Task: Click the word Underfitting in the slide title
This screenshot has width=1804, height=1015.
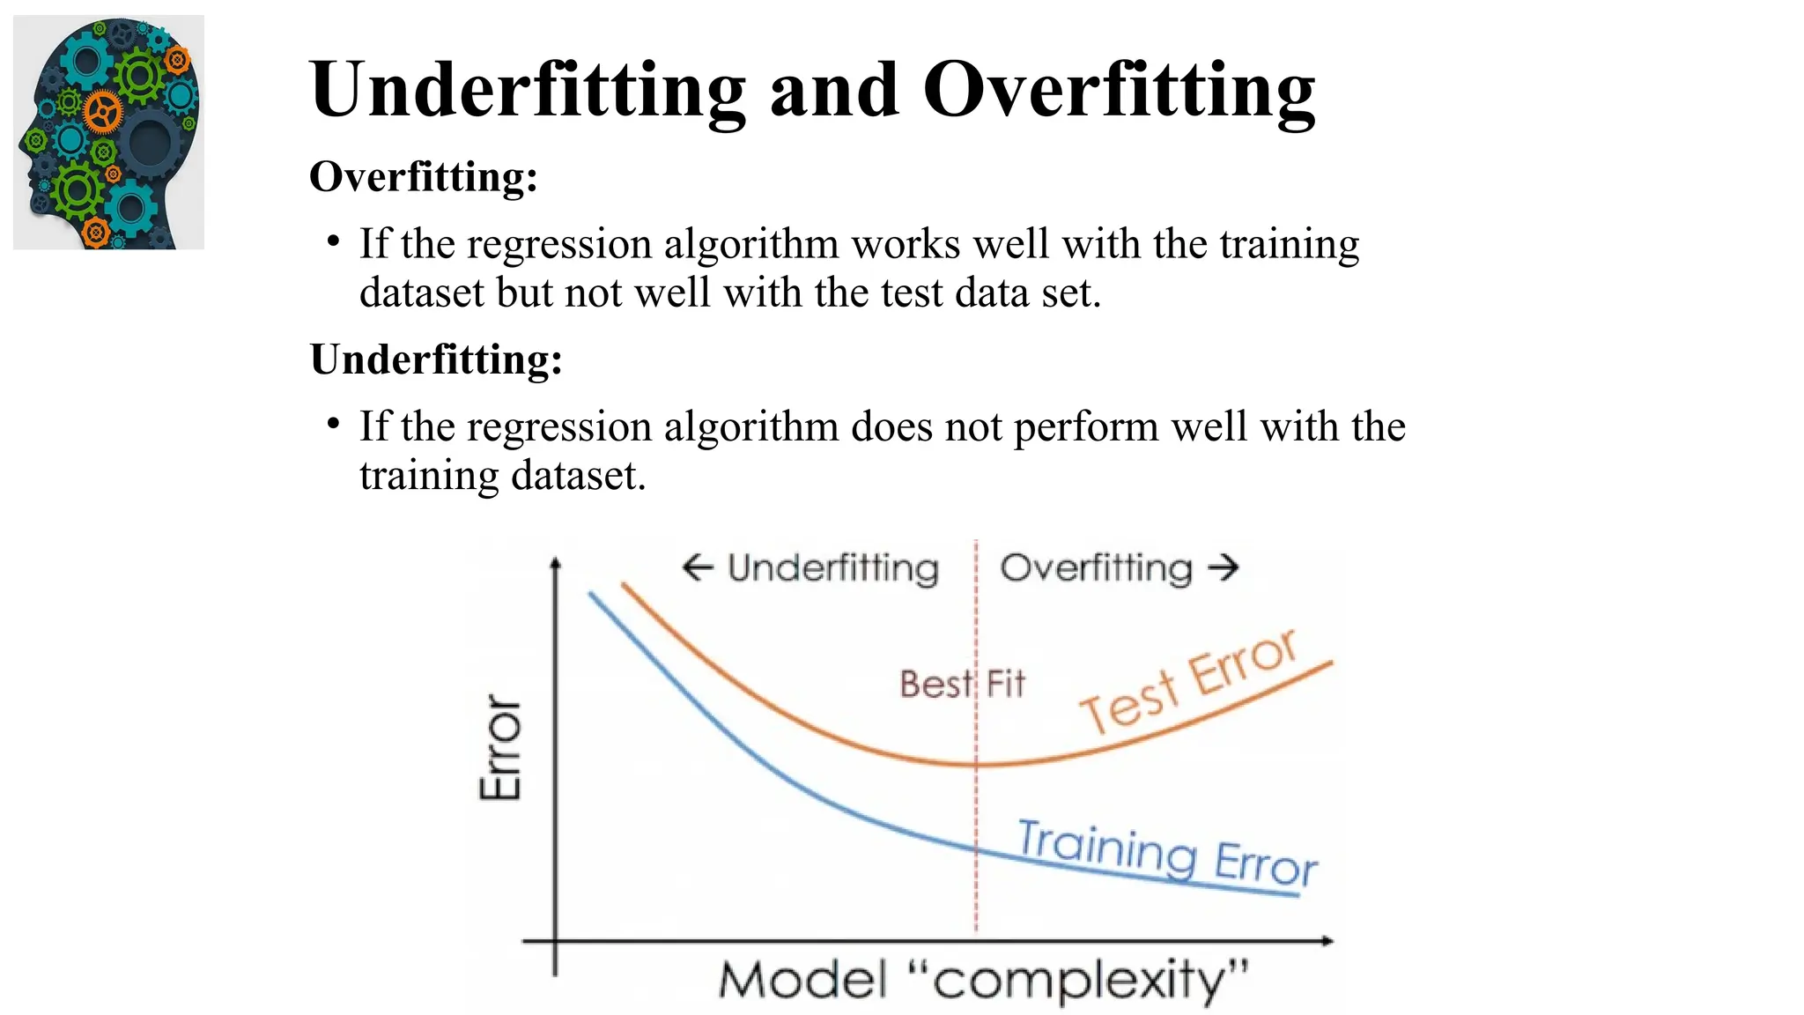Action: pos(527,90)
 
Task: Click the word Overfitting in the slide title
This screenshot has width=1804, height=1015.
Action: pos(1119,90)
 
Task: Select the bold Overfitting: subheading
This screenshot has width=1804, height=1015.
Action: pos(423,176)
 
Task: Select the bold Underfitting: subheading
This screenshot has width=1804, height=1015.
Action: pos(436,359)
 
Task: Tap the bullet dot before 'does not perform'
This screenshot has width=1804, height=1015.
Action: pos(333,425)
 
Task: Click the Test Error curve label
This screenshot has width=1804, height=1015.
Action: pos(1189,682)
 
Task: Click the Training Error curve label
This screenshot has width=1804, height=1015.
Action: pos(1167,851)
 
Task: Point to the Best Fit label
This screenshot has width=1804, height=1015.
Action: pos(962,684)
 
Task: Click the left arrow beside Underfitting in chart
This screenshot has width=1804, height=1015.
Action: pos(697,567)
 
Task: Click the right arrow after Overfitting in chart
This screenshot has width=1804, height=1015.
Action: pos(1224,567)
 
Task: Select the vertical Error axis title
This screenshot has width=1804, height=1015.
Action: pos(500,747)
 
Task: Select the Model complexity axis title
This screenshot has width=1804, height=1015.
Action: pos(983,981)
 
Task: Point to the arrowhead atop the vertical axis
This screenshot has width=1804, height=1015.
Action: pos(555,564)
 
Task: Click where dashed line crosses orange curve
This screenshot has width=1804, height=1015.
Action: pos(976,765)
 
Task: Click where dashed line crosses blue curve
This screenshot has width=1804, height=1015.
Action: pos(976,848)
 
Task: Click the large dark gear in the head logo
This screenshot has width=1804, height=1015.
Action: pos(150,141)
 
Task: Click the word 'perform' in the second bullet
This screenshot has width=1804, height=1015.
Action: pos(1086,426)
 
